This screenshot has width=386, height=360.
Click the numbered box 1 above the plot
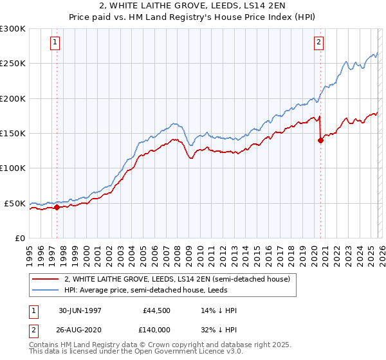pos(56,43)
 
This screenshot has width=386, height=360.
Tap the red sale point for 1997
pos(57,207)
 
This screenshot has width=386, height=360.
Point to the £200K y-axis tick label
pos(13,98)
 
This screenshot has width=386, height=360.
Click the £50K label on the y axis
pos(15,203)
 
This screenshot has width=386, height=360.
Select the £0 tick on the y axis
pos(19,238)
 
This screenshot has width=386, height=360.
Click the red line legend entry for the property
pos(178,279)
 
